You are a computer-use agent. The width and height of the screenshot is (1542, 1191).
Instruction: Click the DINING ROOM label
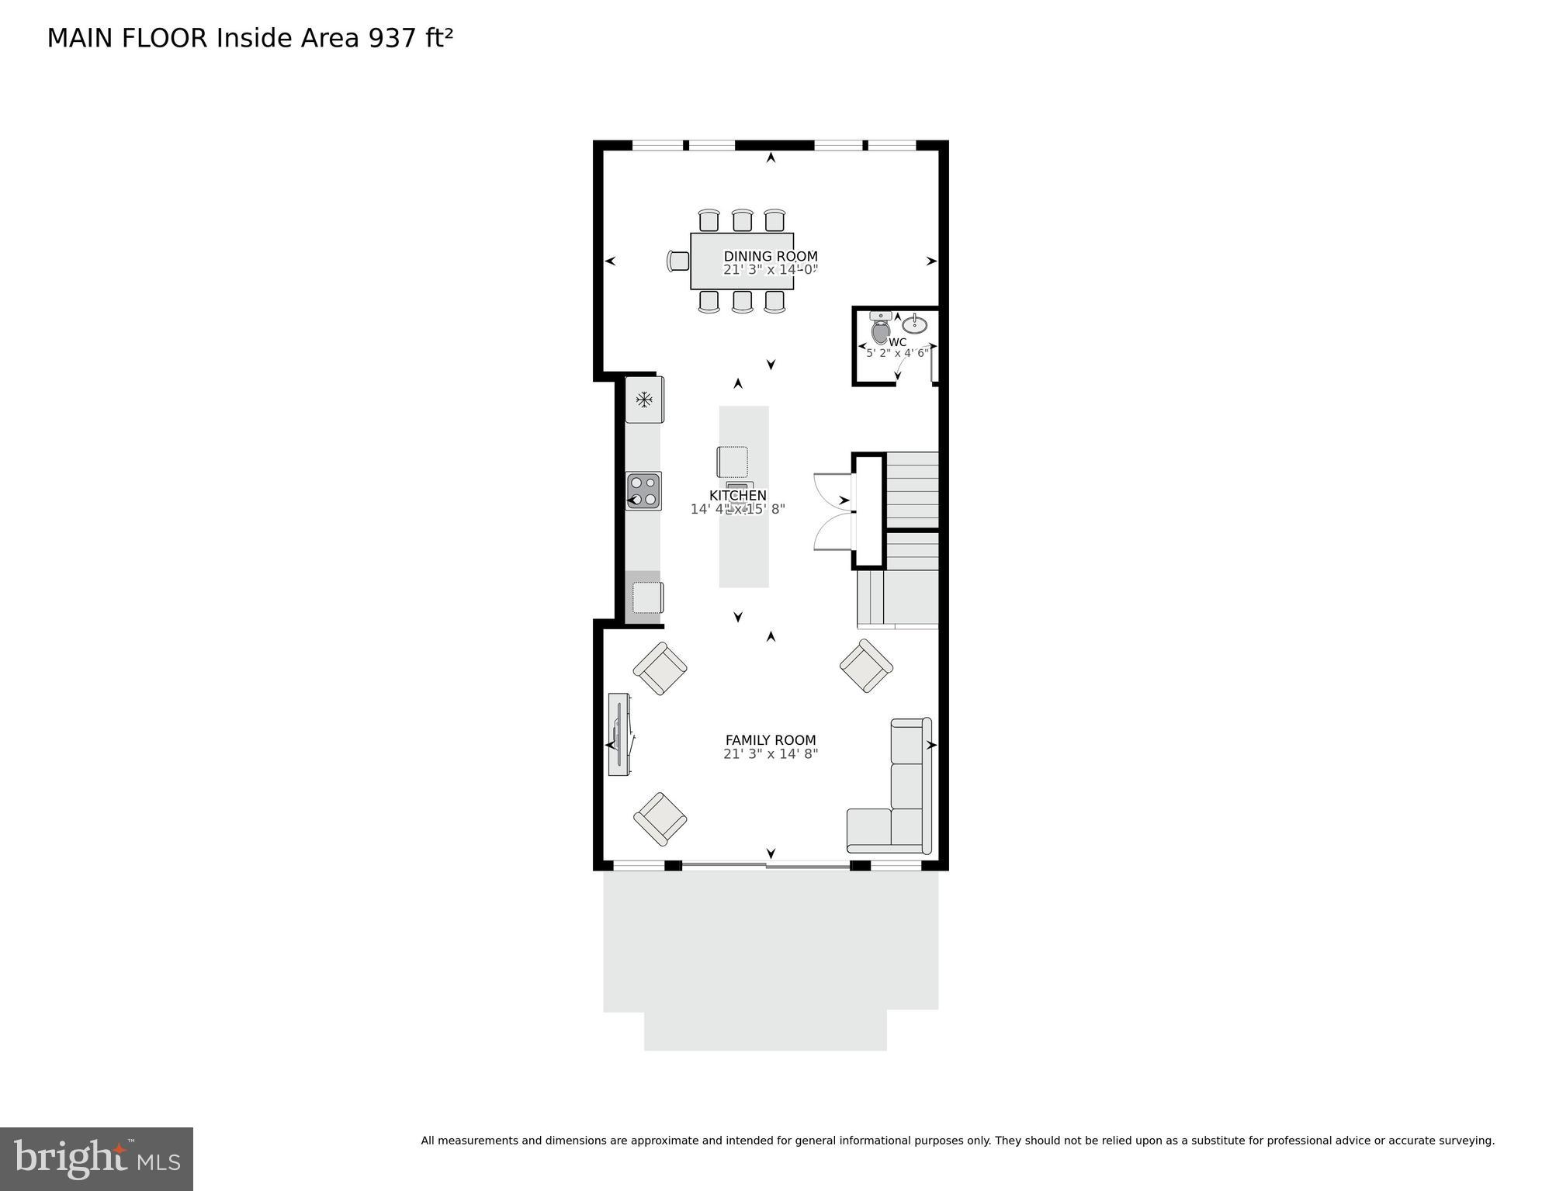tap(770, 256)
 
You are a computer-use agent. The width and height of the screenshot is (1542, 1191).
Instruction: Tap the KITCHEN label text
tap(737, 495)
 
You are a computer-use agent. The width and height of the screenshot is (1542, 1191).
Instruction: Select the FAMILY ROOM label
tap(770, 740)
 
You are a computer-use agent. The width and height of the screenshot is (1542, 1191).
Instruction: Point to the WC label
tap(897, 342)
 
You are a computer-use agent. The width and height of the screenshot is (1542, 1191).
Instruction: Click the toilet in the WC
tap(880, 329)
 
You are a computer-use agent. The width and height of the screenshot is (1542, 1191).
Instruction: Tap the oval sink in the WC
tap(914, 324)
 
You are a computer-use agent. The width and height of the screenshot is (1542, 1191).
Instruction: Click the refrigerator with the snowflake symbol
tap(644, 400)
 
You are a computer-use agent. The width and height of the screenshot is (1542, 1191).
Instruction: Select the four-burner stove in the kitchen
tap(643, 490)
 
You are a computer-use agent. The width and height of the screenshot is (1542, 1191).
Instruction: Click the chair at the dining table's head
tap(678, 261)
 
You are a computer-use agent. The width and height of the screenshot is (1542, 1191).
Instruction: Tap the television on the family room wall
tap(619, 734)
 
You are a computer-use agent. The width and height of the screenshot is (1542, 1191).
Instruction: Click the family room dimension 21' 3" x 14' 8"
tap(770, 753)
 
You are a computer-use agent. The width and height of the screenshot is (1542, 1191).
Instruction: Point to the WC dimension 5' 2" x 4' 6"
tap(897, 353)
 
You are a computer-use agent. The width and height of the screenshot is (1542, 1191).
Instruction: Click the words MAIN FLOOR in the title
tap(127, 38)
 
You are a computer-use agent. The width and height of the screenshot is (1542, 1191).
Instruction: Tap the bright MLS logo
tap(96, 1158)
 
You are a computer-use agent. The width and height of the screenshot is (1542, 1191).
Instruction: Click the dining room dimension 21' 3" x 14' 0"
tap(770, 270)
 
